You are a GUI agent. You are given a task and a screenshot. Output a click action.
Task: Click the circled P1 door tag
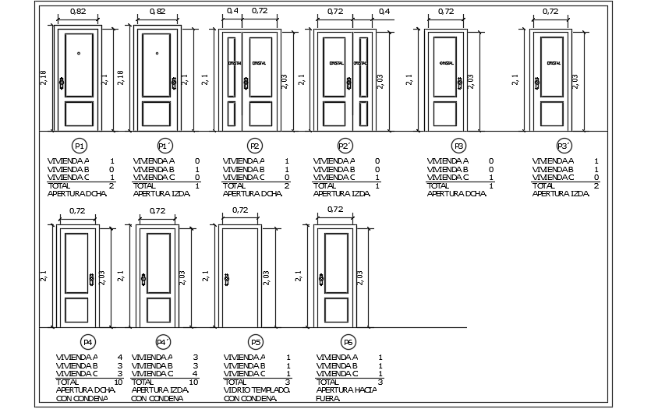(x=79, y=146)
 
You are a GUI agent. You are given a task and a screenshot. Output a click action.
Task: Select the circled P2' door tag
(x=345, y=146)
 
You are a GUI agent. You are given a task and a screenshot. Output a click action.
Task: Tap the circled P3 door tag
(x=458, y=146)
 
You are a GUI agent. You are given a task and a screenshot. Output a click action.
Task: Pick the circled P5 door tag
(x=256, y=342)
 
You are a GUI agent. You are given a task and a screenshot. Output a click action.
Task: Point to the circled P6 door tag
(x=348, y=342)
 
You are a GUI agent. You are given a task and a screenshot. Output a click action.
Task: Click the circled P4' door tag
(x=163, y=342)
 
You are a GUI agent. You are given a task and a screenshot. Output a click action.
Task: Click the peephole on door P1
(x=79, y=54)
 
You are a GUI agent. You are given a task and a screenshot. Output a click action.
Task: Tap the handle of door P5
(x=227, y=279)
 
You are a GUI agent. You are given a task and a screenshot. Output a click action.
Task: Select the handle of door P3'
(x=537, y=82)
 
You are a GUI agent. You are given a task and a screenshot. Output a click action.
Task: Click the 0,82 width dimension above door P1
(x=78, y=12)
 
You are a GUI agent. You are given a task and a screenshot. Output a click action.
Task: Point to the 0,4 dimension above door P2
(x=232, y=12)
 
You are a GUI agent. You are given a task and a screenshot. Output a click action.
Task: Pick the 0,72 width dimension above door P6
(x=335, y=210)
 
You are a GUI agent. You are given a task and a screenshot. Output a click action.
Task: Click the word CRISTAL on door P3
(x=447, y=63)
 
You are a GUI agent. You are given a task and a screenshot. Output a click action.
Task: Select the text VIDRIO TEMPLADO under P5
(x=256, y=390)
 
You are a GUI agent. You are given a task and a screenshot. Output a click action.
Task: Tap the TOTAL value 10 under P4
(x=118, y=382)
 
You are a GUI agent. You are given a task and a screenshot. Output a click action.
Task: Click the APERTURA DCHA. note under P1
(x=78, y=193)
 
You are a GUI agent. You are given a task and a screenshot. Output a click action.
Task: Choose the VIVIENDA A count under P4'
(x=195, y=357)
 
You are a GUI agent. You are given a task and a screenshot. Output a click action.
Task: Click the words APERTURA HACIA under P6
(x=346, y=390)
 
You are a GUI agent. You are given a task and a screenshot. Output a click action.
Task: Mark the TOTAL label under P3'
(x=544, y=185)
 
